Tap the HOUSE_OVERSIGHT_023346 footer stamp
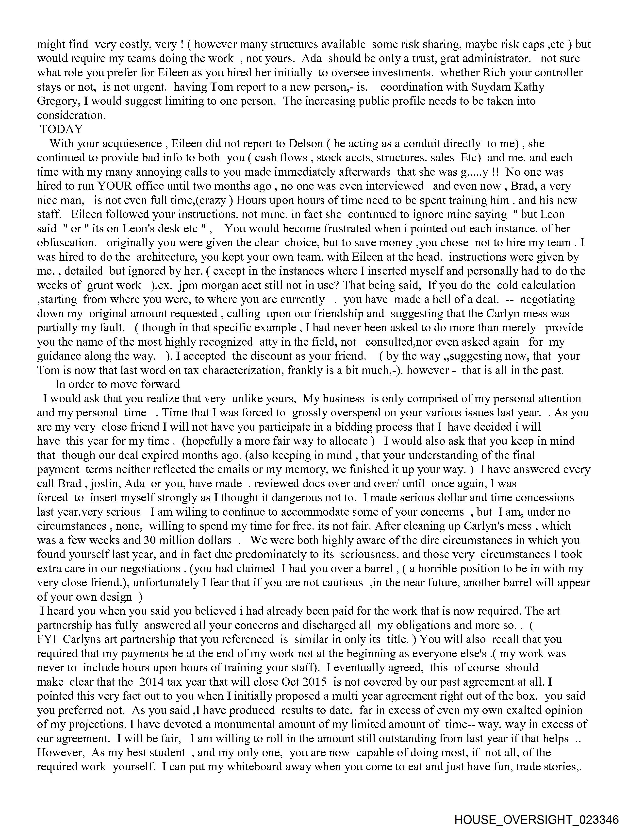pos(536,819)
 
